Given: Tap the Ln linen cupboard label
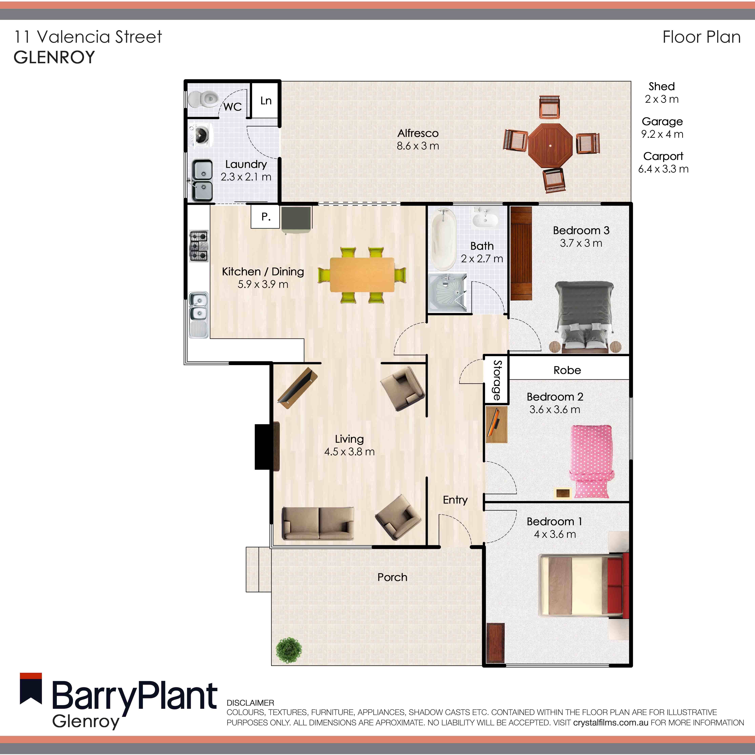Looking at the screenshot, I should [266, 101].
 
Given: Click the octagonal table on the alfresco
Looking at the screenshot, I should [550, 145].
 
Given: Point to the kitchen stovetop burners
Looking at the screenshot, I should [199, 246].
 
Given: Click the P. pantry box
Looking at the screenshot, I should [265, 217].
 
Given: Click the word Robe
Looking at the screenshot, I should [567, 370].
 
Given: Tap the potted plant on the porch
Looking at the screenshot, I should [289, 650].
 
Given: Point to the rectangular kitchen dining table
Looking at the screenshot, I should [362, 274].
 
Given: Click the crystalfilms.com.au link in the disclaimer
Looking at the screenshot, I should [610, 723].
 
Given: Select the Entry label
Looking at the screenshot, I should [455, 500].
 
